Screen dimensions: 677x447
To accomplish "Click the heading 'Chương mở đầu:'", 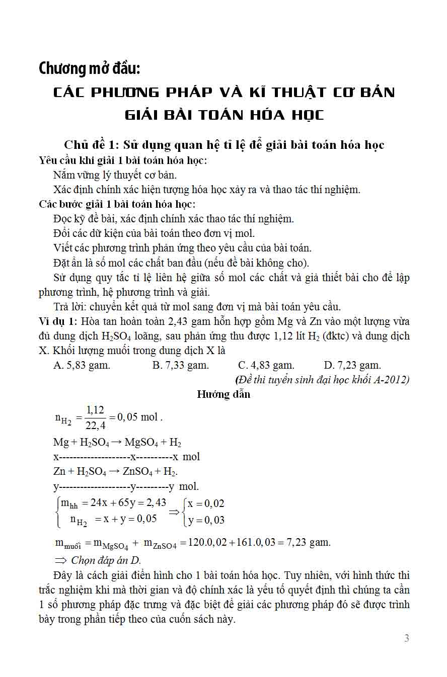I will click(x=89, y=68).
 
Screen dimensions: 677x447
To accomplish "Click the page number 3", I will click(x=407, y=638).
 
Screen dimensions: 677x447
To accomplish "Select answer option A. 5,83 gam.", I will click(x=82, y=366).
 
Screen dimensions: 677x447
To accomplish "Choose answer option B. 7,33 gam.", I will click(x=180, y=366).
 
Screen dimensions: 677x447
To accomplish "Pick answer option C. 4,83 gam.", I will click(x=266, y=366).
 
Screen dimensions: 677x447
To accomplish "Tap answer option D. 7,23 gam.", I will click(x=352, y=366).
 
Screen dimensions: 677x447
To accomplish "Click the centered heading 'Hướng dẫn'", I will click(x=223, y=394).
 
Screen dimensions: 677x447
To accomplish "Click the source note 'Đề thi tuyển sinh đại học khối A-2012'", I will click(x=322, y=380).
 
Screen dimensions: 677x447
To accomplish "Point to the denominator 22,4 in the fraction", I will click(x=95, y=426).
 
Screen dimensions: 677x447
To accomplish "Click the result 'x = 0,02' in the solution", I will click(x=206, y=503).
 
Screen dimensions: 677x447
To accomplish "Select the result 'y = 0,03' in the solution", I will click(x=206, y=520).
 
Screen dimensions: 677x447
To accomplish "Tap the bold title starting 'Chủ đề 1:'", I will click(x=223, y=145).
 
